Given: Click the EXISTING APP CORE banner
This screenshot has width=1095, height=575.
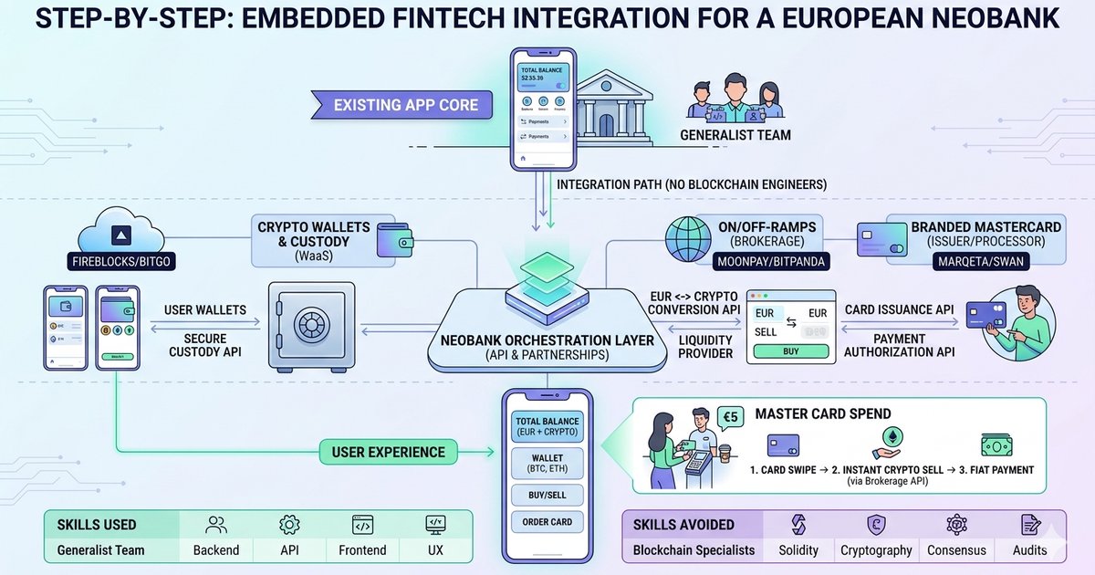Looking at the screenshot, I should (406, 105).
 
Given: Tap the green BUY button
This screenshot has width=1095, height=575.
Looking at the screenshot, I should (792, 351).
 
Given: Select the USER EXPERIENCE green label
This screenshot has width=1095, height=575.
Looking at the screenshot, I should (388, 451).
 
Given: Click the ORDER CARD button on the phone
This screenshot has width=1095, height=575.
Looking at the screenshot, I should (547, 522).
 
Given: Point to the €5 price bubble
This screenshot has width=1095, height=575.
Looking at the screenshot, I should (730, 417).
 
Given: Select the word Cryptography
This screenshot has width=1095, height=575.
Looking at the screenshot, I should (877, 550).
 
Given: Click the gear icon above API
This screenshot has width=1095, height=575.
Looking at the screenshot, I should (289, 525).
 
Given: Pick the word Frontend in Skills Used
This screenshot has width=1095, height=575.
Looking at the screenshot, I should (363, 550).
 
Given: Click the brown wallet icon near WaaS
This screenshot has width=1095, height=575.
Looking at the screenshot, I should (397, 240).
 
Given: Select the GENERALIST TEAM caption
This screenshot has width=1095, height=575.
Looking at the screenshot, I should (735, 136).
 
